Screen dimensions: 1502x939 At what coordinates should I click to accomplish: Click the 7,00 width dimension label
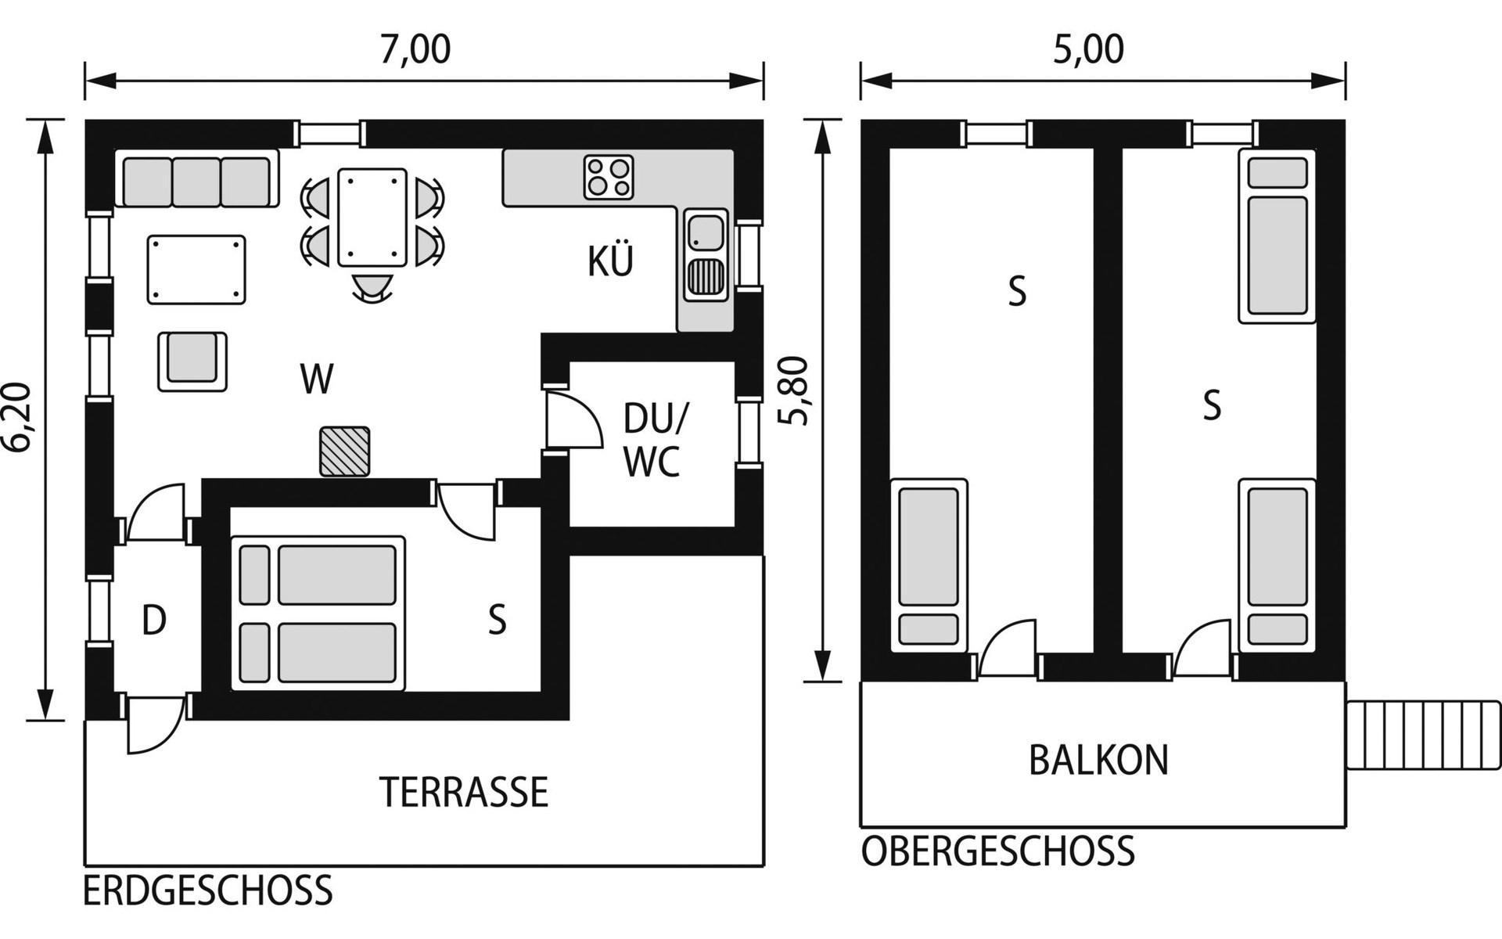click(415, 49)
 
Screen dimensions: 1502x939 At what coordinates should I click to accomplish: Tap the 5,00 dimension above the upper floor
click(1088, 49)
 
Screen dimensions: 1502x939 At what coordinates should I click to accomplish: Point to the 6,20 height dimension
click(17, 417)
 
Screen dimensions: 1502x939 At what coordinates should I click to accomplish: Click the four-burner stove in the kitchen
click(609, 177)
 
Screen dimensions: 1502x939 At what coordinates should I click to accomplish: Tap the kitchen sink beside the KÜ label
click(706, 254)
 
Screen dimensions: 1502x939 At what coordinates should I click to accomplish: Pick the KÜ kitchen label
click(610, 261)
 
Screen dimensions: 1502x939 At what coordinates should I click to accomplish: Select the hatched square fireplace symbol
click(344, 452)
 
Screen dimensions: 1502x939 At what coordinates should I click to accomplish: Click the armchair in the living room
click(192, 361)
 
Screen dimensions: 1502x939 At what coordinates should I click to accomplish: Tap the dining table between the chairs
click(372, 218)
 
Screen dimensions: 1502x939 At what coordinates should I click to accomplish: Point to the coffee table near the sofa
click(196, 270)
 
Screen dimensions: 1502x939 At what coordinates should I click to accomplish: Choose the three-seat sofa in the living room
click(196, 178)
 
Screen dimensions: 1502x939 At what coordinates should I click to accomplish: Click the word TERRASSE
click(464, 793)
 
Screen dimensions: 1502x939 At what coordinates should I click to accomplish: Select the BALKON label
click(1098, 760)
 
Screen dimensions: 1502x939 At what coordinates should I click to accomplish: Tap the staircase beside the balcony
click(1424, 736)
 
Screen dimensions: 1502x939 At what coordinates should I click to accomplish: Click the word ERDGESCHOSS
click(208, 891)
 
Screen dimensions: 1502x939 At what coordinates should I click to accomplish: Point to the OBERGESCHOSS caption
click(997, 851)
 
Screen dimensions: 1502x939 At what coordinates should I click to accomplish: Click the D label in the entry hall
click(154, 621)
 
